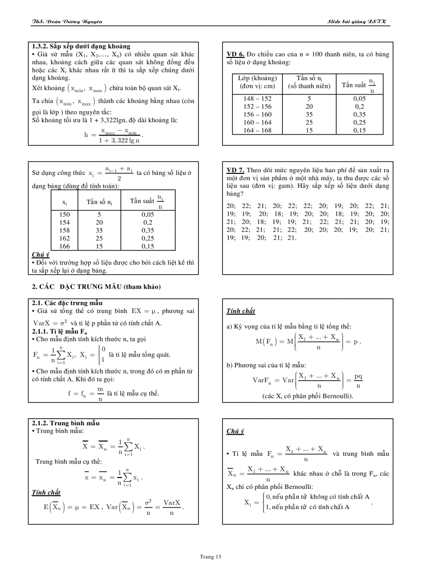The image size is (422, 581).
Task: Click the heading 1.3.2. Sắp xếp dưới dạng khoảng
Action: point(81,47)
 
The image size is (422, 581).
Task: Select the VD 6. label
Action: point(236,54)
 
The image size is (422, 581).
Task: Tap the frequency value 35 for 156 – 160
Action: point(309,114)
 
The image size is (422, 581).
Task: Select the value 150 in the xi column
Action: point(65,214)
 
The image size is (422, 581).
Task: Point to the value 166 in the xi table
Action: point(65,247)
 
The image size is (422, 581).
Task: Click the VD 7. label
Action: point(236,170)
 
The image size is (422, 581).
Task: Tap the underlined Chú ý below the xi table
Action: point(40,254)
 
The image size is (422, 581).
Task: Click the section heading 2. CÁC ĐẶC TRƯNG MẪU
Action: point(97,287)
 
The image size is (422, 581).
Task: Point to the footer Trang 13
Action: point(210,557)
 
